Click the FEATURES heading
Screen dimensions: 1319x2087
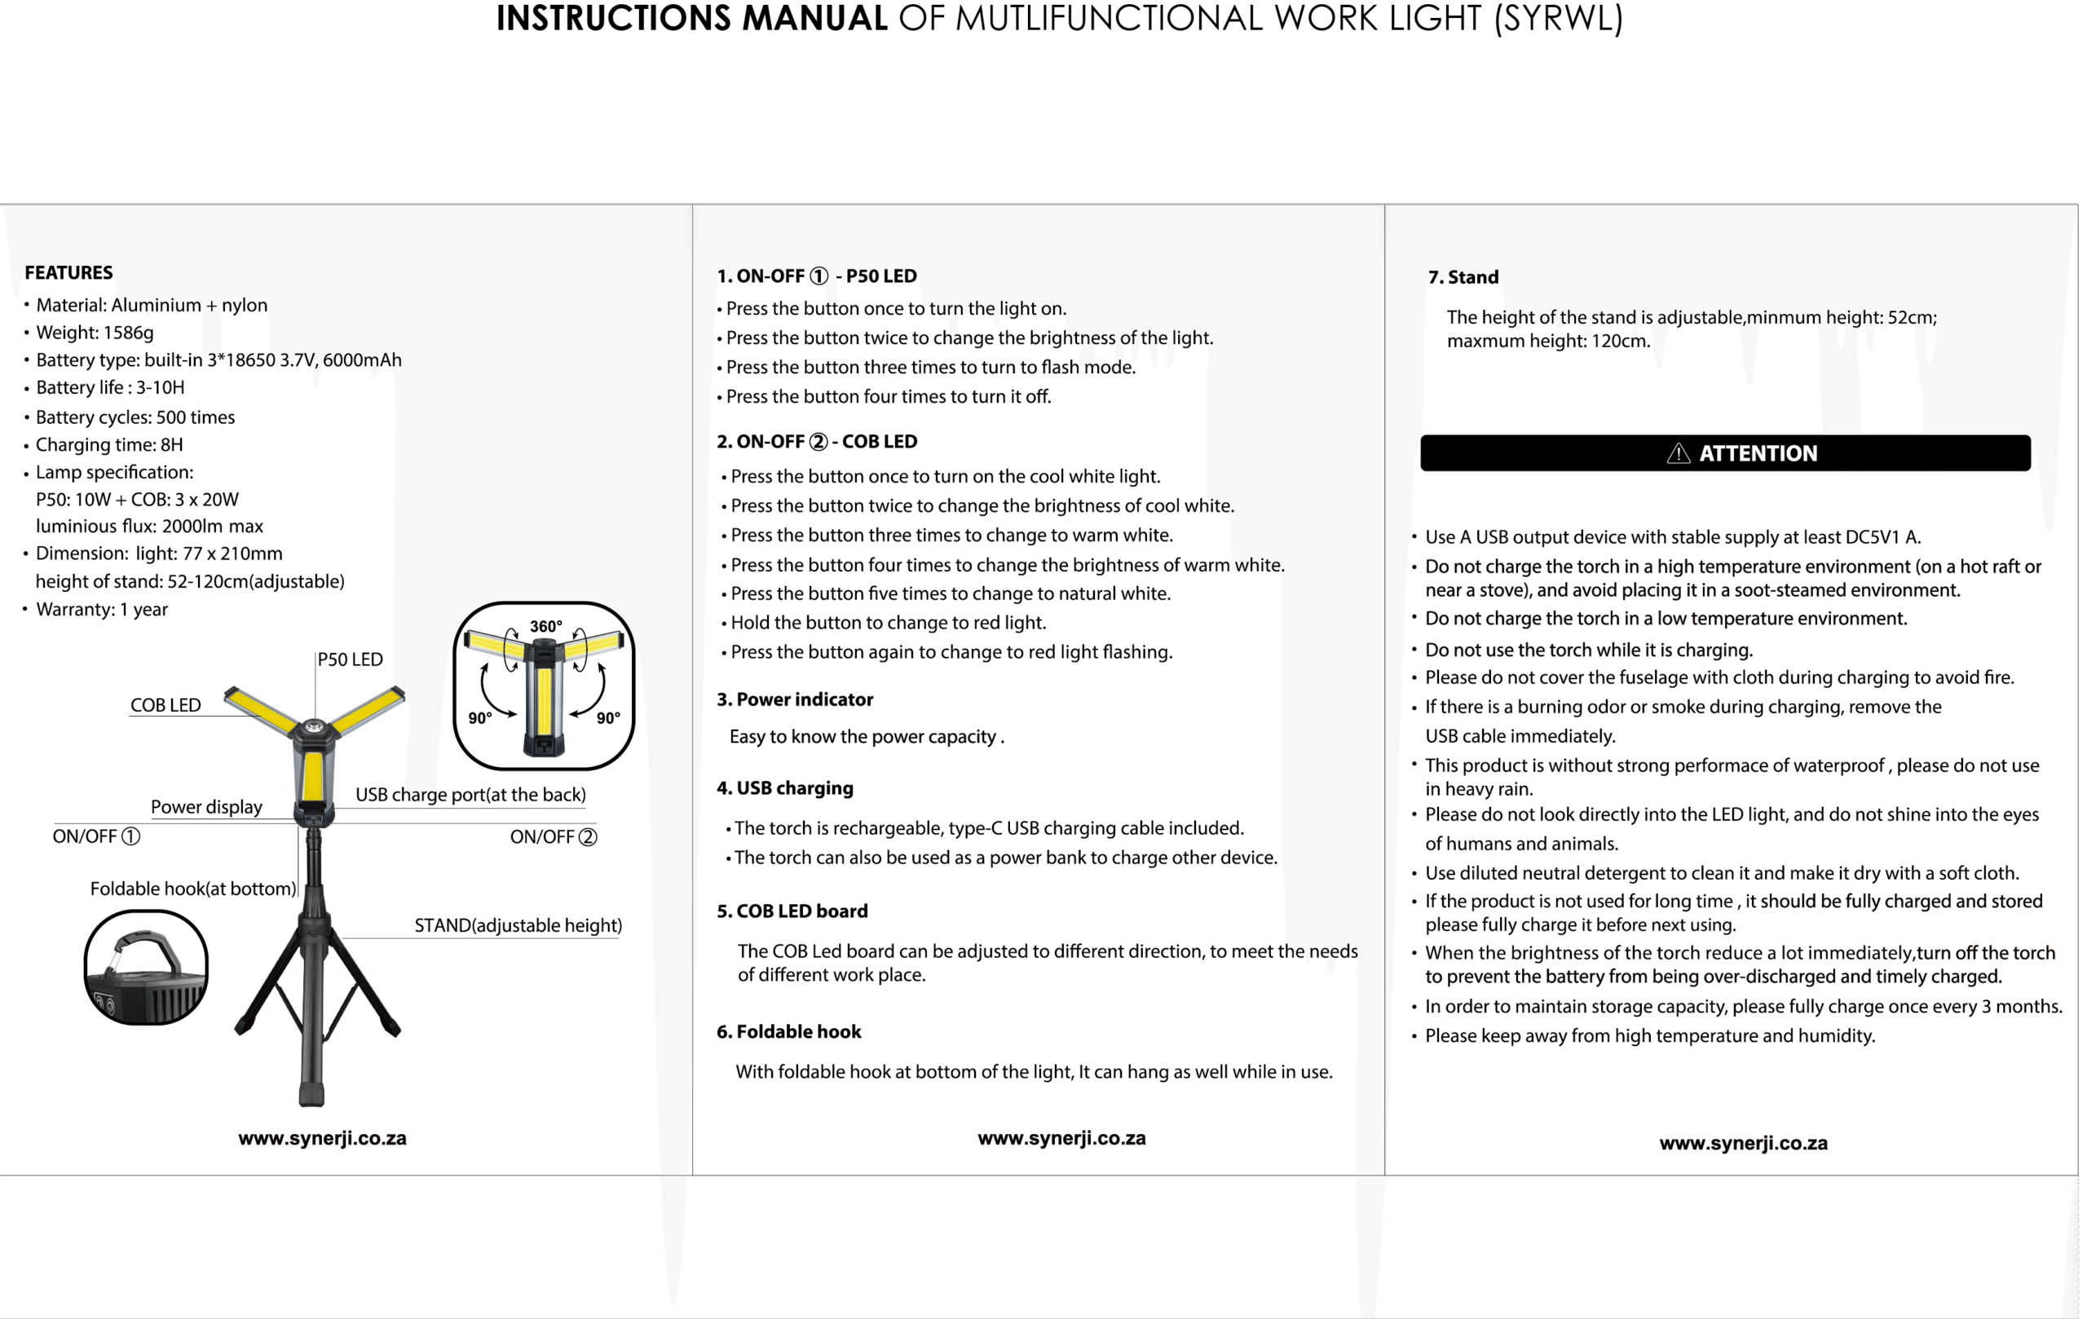[68, 273]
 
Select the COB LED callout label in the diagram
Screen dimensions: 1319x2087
[165, 705]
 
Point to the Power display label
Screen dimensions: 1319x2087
[206, 807]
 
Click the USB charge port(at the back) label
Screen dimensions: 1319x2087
[470, 795]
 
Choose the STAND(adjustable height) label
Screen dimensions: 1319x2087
[518, 925]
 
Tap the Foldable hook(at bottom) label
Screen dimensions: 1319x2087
[192, 889]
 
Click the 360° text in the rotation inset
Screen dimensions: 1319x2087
[545, 627]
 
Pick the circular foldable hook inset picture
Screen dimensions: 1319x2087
[146, 967]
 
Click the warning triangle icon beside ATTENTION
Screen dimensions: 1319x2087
[1678, 453]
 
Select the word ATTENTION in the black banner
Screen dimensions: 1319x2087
[1758, 453]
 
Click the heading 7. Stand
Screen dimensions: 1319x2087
[1463, 277]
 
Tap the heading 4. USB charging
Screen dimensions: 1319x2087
[784, 787]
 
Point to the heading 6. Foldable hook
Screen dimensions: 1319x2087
[788, 1031]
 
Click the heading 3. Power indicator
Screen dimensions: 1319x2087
[795, 699]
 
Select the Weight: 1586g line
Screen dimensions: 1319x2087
[95, 333]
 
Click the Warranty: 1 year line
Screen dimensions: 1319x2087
[101, 609]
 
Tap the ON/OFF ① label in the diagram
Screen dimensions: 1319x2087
[96, 836]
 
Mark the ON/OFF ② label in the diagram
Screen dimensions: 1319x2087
[553, 837]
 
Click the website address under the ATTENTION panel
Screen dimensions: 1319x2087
[1743, 1143]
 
